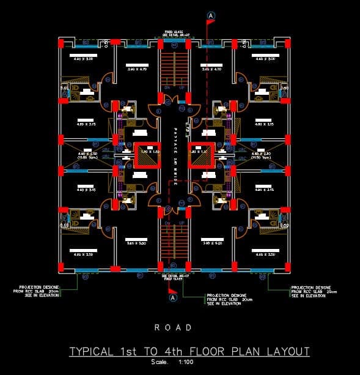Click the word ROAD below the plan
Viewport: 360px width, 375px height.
click(173, 327)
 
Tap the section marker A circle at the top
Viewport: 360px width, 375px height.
click(211, 14)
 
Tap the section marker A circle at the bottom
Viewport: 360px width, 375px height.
click(173, 297)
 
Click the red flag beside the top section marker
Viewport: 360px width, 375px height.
click(211, 23)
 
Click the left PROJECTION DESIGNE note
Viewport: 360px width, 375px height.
click(40, 291)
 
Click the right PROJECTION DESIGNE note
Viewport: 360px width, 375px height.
click(311, 291)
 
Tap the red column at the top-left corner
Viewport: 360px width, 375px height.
click(61, 43)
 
